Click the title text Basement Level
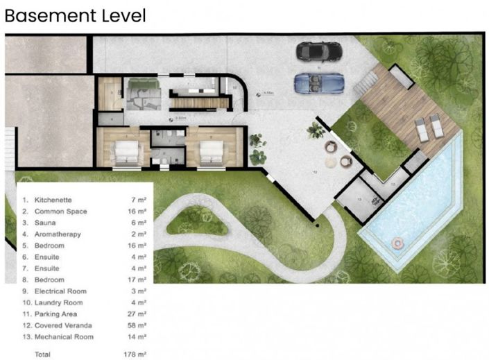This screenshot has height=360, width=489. pos(76,15)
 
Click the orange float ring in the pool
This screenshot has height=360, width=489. pos(397,243)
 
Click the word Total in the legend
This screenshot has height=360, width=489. pos(44,354)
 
